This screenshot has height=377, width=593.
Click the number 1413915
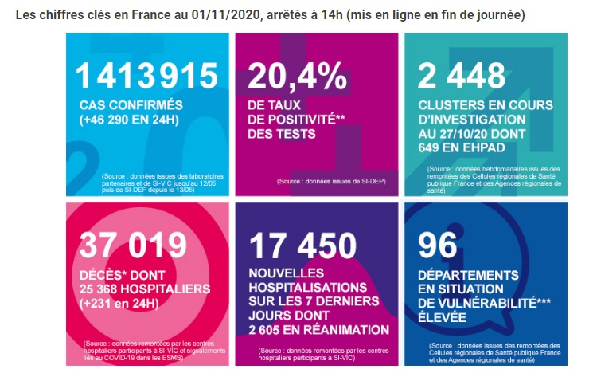coord(146,76)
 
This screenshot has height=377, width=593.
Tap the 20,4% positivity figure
coord(297,77)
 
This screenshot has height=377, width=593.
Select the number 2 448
coord(462,76)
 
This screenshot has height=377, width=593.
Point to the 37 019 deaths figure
coord(133,245)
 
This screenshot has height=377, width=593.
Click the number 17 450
coord(302,245)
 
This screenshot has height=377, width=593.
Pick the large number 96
coord(438,245)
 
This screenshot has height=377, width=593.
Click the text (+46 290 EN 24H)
coord(129,120)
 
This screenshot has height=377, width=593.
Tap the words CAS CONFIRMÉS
coord(131,105)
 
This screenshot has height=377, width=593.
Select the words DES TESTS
coord(281,134)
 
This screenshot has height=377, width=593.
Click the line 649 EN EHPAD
coord(462,147)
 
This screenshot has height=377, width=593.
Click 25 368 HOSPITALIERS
coord(144,289)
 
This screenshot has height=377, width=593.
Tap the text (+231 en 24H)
coord(119,304)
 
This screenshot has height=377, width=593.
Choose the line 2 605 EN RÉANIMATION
coord(319,330)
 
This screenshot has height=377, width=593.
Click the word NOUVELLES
coord(287,273)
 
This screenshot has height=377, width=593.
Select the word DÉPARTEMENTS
coord(468,275)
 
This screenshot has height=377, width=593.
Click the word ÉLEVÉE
coord(442,317)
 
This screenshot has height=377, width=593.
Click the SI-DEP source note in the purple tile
coord(331,181)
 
